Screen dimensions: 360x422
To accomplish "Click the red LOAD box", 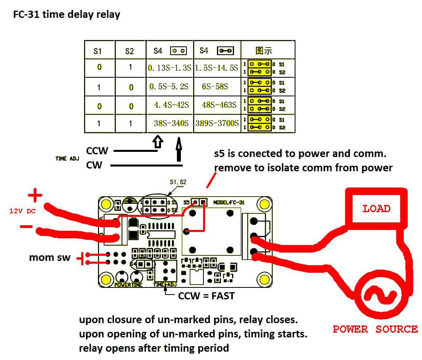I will point(376,209).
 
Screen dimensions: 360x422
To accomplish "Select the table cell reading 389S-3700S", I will point(217,124).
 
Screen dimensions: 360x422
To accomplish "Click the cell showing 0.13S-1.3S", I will point(169,68).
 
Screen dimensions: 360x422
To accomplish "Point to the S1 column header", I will point(98,51).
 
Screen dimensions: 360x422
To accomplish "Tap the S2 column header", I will point(130,51).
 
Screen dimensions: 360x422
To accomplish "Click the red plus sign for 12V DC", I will point(35,195).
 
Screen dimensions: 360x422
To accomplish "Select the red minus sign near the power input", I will point(26,227).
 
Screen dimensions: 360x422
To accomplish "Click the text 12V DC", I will point(22,211).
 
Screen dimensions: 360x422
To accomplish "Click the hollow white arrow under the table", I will point(158,142).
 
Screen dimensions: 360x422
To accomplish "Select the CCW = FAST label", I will point(206,296).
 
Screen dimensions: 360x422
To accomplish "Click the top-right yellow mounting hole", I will point(263,204).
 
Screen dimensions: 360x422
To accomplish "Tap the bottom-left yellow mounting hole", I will point(106,279).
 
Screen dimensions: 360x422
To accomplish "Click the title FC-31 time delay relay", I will point(67,15).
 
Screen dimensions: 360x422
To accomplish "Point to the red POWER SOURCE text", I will point(375,329).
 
